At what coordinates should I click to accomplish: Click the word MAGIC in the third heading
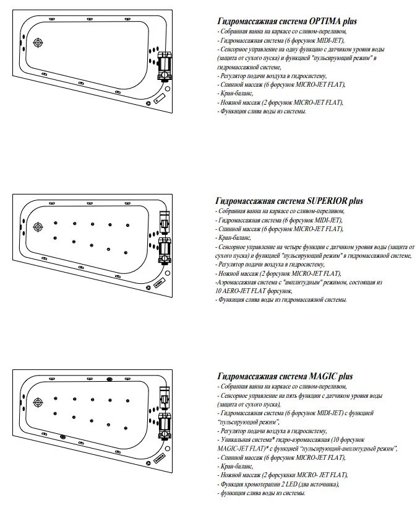pos(322,376)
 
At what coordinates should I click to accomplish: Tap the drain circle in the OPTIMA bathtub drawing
pos(39,43)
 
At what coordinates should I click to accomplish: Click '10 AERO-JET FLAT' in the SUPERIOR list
pos(242,291)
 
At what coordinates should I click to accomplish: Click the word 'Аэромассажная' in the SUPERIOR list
pos(238,282)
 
